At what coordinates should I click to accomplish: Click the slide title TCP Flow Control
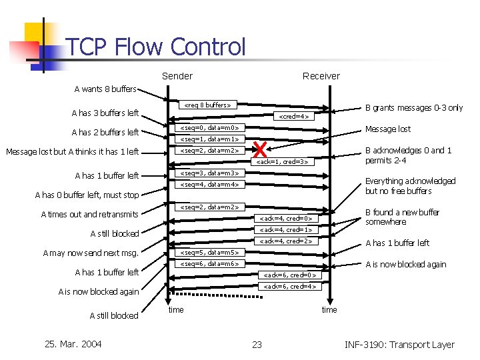(156, 47)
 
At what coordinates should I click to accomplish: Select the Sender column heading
(177, 76)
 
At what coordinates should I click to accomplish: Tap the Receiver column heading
(321, 76)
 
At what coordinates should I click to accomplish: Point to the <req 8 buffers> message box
(208, 105)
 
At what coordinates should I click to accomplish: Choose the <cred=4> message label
(293, 116)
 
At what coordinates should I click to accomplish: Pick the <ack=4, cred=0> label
(285, 218)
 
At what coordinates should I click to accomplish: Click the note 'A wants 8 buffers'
(105, 89)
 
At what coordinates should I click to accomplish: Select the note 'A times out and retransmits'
(89, 215)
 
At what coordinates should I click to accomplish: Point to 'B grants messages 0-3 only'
(413, 108)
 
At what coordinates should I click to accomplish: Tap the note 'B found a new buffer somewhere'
(402, 217)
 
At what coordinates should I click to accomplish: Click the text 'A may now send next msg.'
(90, 253)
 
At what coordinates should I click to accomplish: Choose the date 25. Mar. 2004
(73, 344)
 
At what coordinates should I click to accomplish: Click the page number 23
(257, 345)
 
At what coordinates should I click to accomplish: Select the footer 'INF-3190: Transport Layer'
(399, 345)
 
